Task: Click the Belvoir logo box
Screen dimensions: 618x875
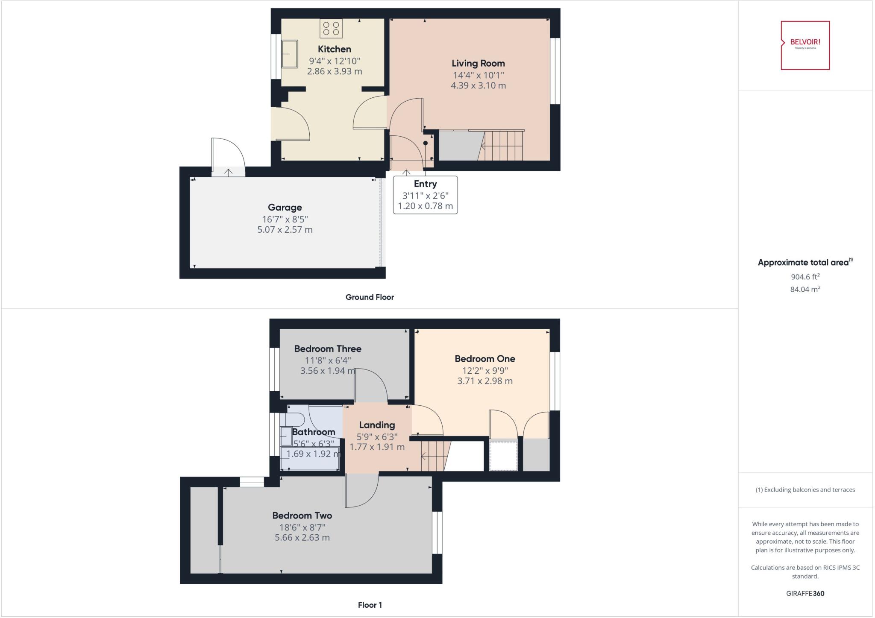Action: [805, 45]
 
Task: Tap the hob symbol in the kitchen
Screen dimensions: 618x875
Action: [331, 29]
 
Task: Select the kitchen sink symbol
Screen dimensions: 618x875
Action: [290, 54]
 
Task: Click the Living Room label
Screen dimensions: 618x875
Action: [478, 64]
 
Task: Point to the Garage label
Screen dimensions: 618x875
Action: [285, 208]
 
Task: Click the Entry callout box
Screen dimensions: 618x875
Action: [425, 195]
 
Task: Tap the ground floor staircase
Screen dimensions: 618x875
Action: [502, 146]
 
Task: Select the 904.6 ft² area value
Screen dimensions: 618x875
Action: [805, 277]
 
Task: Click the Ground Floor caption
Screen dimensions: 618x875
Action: [370, 297]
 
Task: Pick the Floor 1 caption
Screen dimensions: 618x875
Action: [370, 605]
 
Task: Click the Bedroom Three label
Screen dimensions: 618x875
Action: [328, 349]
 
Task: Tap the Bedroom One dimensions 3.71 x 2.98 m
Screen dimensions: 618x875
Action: [484, 381]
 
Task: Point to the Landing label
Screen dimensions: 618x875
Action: [376, 425]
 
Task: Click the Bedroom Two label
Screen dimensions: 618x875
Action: [302, 515]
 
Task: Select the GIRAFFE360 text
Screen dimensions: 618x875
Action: [805, 593]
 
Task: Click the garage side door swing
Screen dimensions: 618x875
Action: [228, 154]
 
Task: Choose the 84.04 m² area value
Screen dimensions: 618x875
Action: [805, 289]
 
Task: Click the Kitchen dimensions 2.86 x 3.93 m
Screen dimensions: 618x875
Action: [334, 71]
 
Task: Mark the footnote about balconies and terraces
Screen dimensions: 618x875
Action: [805, 490]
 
